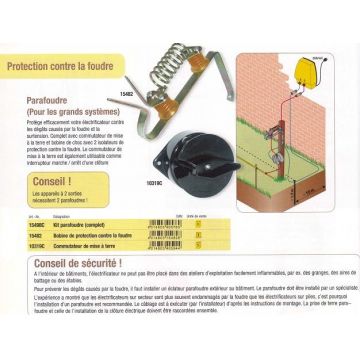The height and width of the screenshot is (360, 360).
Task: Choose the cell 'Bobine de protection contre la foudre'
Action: click(x=96, y=233)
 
